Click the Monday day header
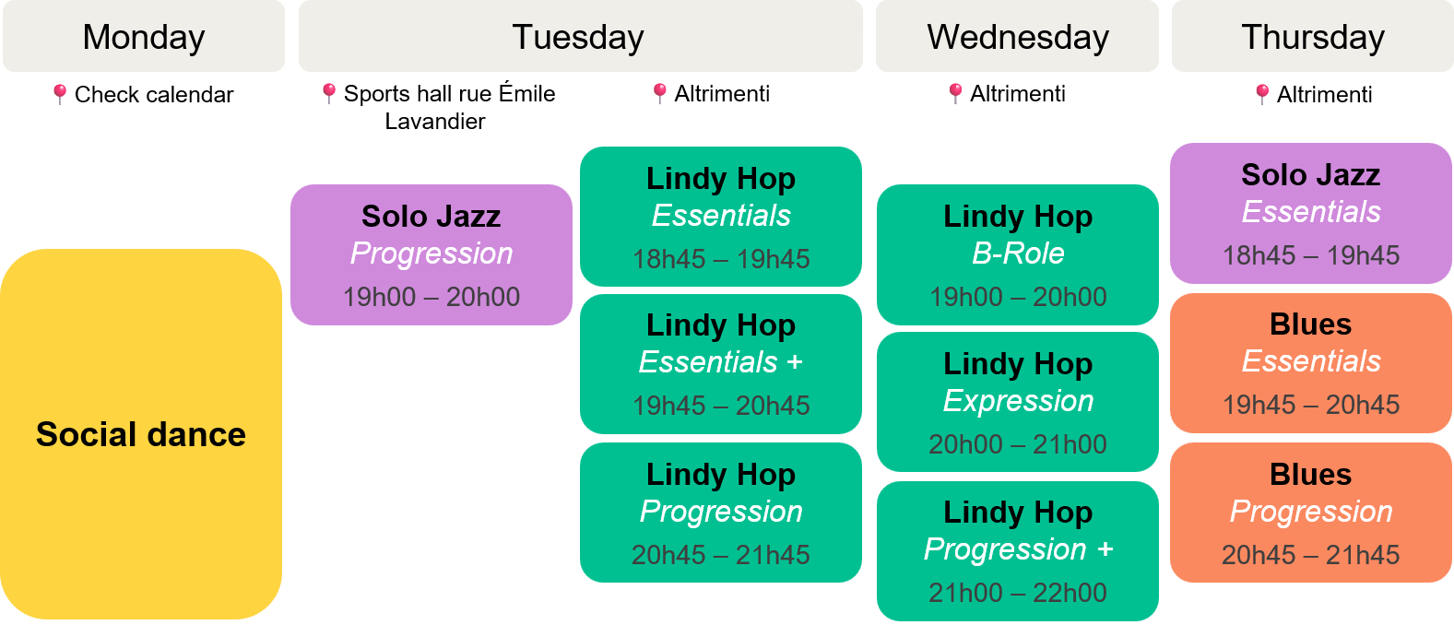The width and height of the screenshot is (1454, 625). (144, 36)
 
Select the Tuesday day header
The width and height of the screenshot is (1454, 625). (580, 36)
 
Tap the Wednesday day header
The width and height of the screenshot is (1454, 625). (1017, 36)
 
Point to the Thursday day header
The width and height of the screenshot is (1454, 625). (1313, 36)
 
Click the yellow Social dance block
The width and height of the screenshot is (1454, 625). (141, 433)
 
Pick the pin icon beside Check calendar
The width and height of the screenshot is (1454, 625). (60, 95)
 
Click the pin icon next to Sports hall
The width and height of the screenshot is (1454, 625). (329, 94)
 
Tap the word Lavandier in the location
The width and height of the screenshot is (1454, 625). (435, 122)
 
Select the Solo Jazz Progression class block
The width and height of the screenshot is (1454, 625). (431, 254)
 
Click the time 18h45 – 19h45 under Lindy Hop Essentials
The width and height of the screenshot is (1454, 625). (721, 259)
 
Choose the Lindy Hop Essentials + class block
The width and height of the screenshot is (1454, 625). (721, 364)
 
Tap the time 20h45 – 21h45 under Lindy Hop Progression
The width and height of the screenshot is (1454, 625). (721, 555)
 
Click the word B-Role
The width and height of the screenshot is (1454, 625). (1018, 254)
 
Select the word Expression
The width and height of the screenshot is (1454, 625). (1018, 401)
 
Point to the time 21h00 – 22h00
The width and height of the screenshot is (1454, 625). (1018, 593)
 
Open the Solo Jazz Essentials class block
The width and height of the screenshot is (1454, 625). (1311, 213)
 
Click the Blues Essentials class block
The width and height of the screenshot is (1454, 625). (1311, 363)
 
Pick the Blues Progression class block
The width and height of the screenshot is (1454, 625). (1311, 513)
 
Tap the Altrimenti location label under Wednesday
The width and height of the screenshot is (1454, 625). (1018, 94)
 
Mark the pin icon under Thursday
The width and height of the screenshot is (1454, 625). (1262, 95)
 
